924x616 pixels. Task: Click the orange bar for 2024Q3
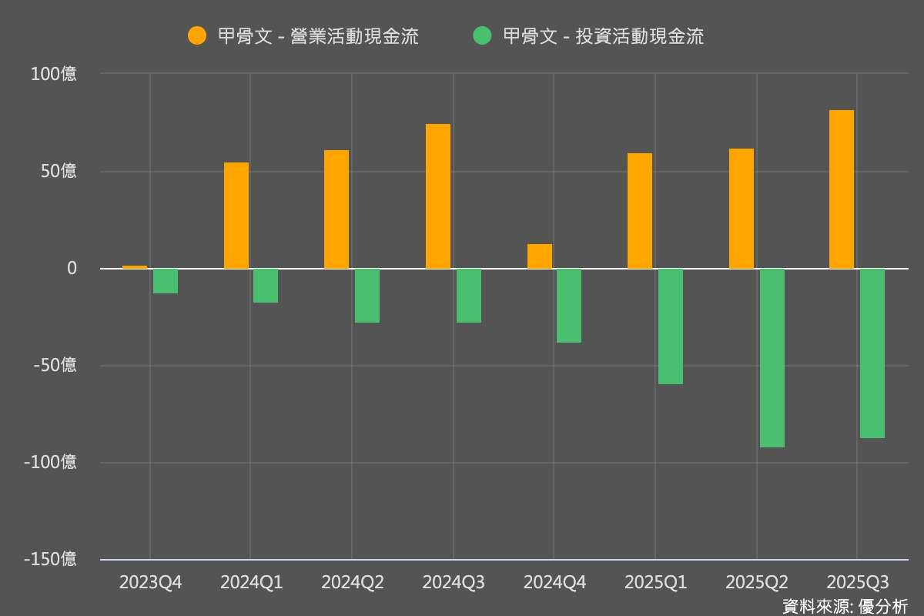[438, 196]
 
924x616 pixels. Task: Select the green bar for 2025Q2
[772, 358]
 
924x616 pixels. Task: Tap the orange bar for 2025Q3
[842, 189]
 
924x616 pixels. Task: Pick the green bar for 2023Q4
[166, 281]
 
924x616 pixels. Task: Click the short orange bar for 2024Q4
[540, 256]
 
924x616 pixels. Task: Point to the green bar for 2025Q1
[671, 326]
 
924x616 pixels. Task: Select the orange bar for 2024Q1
[236, 216]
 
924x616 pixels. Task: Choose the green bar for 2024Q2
[367, 296]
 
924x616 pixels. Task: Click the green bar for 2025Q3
[872, 353]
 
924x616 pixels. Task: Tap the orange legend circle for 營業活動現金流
[198, 35]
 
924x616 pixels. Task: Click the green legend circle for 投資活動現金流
[482, 35]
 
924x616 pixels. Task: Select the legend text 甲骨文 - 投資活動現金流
[603, 36]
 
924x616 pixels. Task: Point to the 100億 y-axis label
[54, 75]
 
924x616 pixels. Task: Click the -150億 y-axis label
[50, 559]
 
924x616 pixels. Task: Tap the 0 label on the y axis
[72, 269]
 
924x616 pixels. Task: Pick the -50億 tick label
[54, 365]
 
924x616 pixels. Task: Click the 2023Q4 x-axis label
[150, 582]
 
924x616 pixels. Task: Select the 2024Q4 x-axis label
[554, 582]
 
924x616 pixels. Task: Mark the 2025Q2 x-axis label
[757, 582]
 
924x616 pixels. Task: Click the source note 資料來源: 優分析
[845, 606]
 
